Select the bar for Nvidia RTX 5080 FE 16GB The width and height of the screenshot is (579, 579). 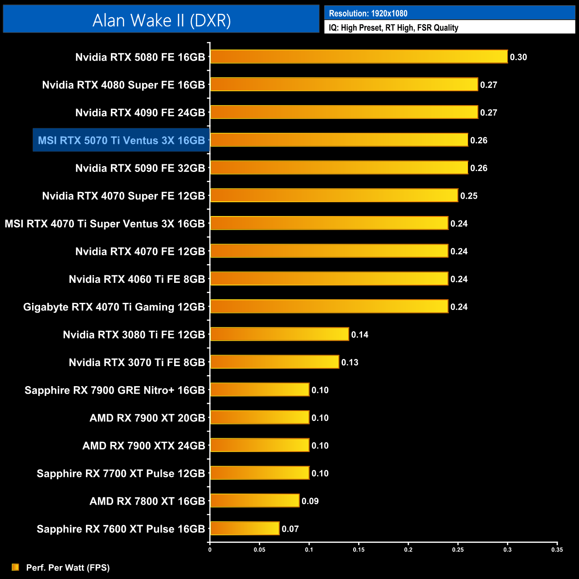click(359, 57)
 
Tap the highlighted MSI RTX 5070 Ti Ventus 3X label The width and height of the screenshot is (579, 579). click(121, 141)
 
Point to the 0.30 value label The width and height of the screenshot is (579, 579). click(518, 57)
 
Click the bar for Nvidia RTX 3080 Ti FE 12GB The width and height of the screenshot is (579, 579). click(279, 334)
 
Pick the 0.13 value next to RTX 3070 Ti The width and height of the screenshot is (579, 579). click(350, 363)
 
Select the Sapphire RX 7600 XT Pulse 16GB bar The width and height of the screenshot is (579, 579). click(245, 529)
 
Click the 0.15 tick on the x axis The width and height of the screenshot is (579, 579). click(359, 550)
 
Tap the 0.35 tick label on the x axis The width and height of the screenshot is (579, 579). click(557, 550)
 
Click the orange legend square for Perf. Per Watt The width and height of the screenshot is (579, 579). click(16, 567)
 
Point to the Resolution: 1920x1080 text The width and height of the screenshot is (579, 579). click(368, 13)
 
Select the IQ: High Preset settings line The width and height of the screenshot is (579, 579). click(393, 28)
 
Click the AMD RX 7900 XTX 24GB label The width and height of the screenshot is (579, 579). click(144, 446)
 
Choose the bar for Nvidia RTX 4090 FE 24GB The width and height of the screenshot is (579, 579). click(344, 112)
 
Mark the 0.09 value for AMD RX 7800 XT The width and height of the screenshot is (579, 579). click(310, 502)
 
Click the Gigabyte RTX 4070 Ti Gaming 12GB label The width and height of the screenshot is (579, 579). click(114, 307)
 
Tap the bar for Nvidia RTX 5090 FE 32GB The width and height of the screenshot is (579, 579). click(339, 168)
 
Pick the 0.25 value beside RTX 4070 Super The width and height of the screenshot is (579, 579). click(469, 196)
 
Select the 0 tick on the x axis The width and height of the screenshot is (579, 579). click(210, 550)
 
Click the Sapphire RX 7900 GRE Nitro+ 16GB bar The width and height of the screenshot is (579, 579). click(260, 390)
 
